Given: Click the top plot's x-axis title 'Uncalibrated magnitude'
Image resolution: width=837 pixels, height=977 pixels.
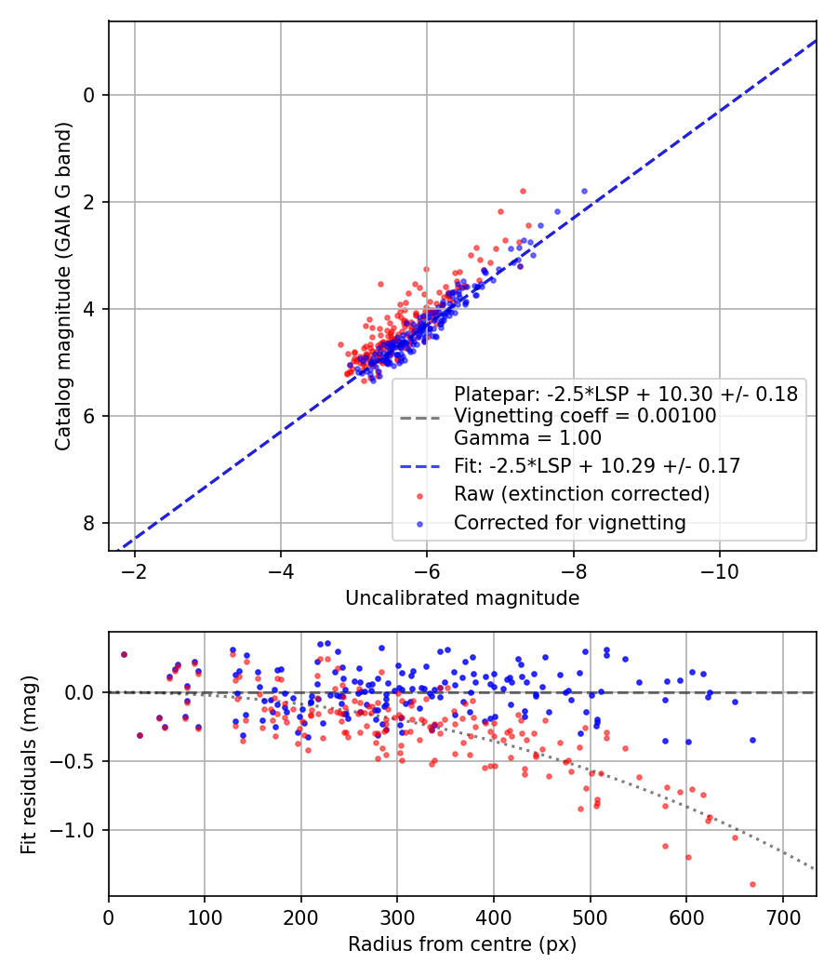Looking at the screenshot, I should [462, 598].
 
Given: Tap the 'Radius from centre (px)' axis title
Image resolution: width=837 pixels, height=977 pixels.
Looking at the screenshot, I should [462, 944].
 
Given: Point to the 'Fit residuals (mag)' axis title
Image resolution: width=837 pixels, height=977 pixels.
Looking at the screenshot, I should [29, 764].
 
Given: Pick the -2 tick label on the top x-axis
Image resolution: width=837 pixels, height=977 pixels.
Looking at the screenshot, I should [135, 569].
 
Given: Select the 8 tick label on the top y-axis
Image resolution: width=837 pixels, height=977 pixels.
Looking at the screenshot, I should [90, 523].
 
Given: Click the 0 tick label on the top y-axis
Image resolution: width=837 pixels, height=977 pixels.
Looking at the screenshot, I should [90, 95].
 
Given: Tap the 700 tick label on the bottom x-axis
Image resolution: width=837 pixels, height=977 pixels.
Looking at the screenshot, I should [782, 916].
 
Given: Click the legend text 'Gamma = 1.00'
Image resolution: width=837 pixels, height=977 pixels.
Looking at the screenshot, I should [527, 438].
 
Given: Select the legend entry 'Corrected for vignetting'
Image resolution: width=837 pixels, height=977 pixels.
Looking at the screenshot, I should [569, 523].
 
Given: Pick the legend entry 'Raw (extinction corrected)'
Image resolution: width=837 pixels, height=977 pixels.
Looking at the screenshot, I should [581, 493].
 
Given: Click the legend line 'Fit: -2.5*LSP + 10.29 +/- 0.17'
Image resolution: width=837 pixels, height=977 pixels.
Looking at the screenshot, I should [597, 466].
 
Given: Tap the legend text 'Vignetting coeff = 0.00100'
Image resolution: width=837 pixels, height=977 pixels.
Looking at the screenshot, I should [585, 416].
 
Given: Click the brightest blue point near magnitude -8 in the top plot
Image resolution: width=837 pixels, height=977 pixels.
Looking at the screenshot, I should [584, 191].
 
